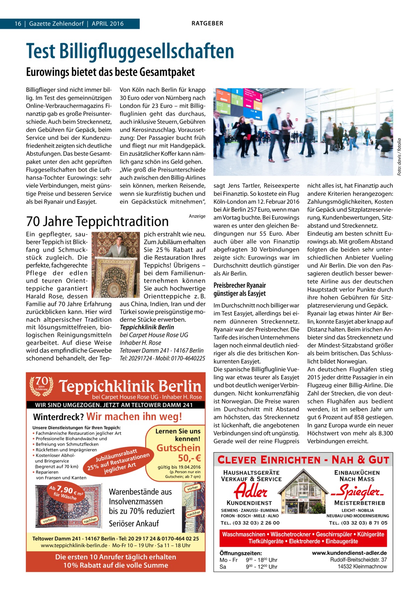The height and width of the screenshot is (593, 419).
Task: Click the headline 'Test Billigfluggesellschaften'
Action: (130, 51)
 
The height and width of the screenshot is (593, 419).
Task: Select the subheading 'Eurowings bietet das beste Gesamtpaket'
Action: (110, 72)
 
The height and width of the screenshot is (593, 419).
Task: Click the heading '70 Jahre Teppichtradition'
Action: (97, 221)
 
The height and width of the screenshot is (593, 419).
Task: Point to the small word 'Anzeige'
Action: (197, 216)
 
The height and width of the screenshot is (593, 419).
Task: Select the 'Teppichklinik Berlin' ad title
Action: (131, 386)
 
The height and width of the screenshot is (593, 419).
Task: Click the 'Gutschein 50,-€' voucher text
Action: (178, 453)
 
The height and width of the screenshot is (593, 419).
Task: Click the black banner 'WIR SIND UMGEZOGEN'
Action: (114, 405)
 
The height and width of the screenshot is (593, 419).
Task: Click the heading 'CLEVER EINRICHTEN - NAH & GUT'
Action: (303, 460)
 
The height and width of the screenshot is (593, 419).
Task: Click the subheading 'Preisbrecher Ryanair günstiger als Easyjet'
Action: (240, 289)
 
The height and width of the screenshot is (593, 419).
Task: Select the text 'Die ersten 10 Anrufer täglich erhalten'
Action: (116, 557)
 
